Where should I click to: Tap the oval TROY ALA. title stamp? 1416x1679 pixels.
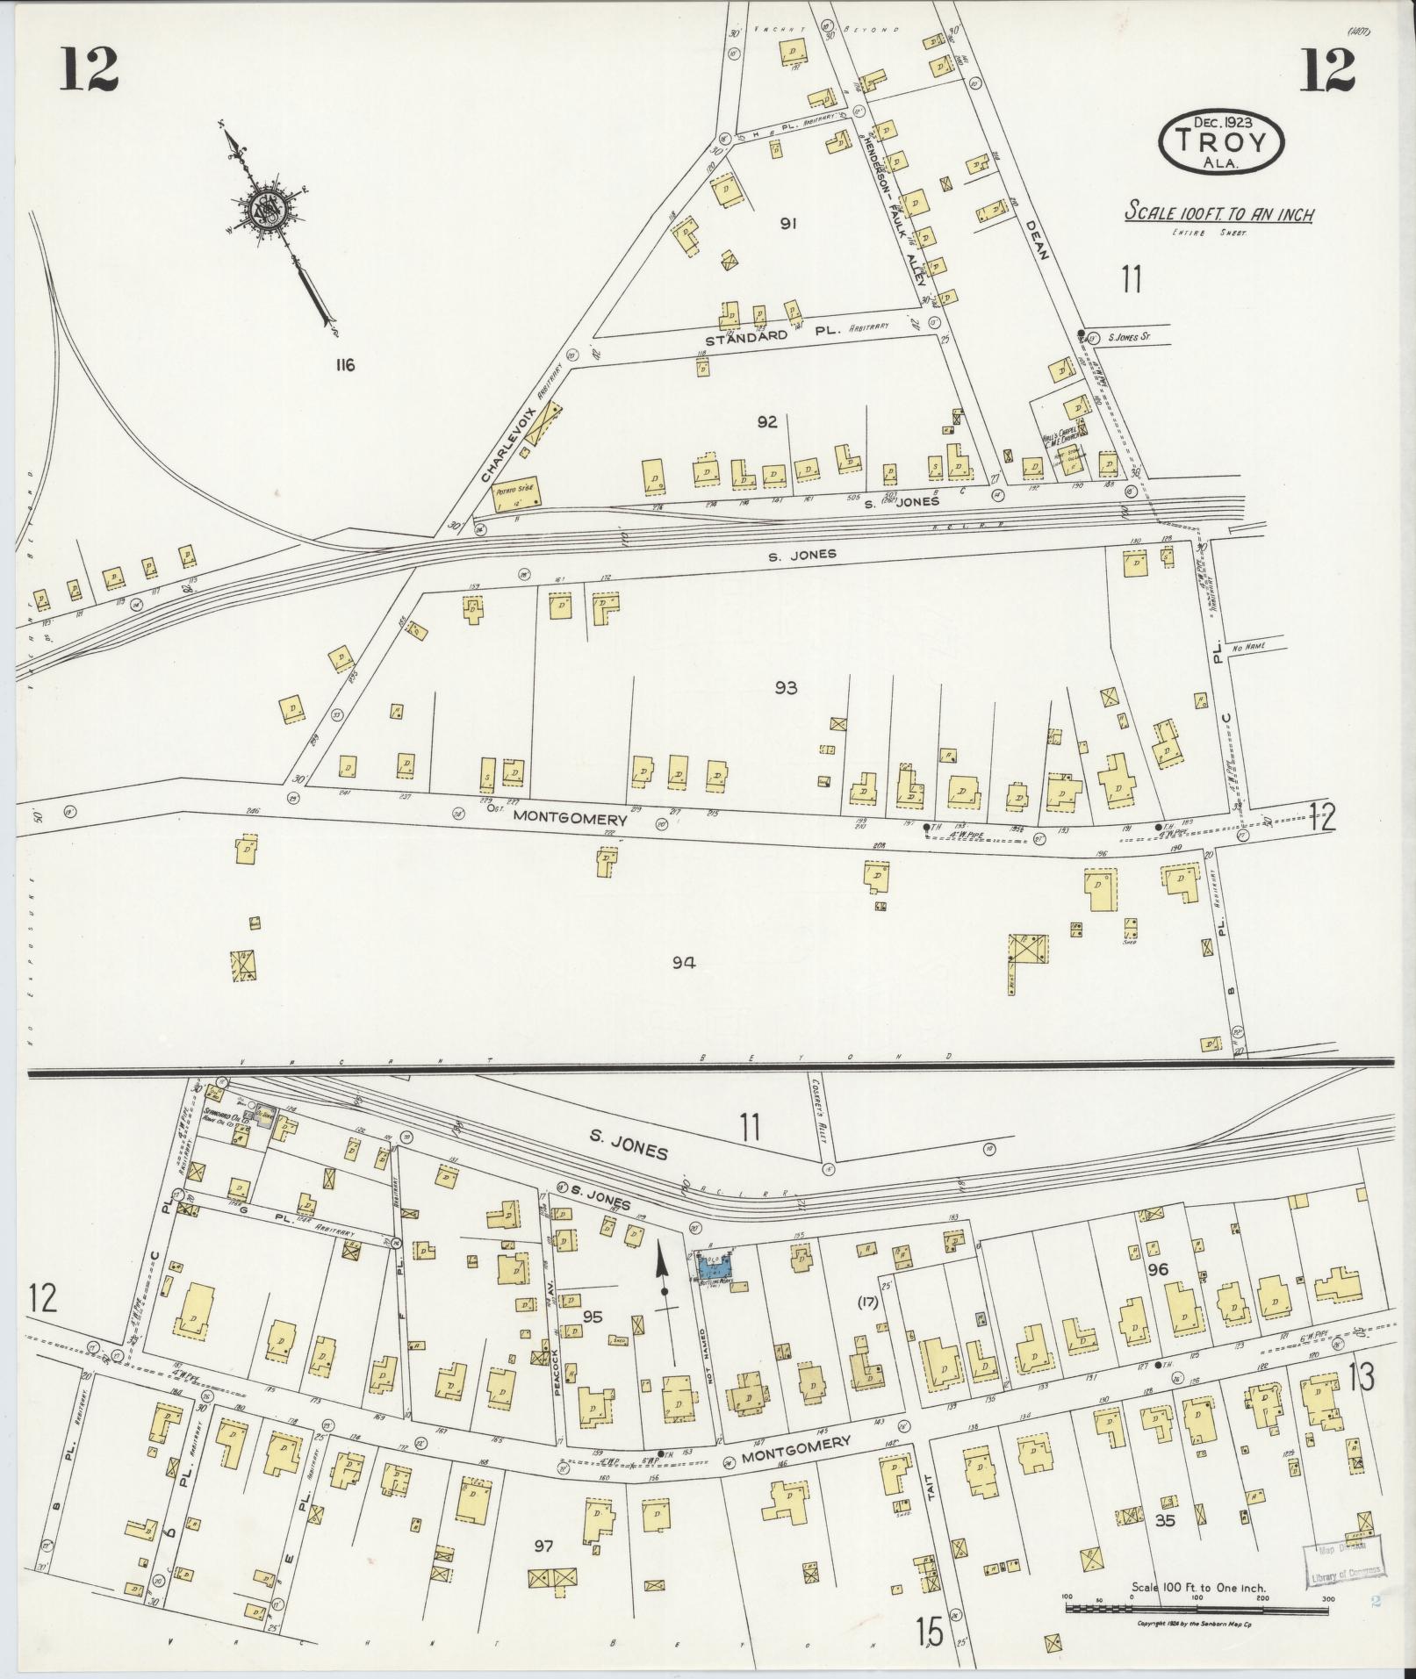pyautogui.click(x=1221, y=142)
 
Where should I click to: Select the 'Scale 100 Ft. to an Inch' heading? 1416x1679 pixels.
pyautogui.click(x=1220, y=213)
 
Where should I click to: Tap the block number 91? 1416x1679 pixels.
pyautogui.click(x=787, y=224)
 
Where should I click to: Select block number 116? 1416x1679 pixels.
pyautogui.click(x=343, y=365)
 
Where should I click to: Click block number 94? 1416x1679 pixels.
pyautogui.click(x=684, y=963)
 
